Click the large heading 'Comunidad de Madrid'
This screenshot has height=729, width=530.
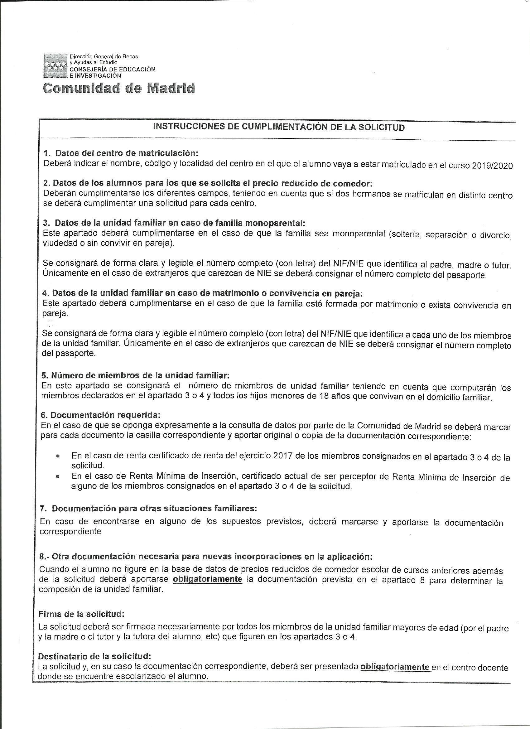click(x=119, y=88)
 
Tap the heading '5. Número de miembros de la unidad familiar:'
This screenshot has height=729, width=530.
click(x=135, y=375)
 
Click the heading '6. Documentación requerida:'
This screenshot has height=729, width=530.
click(x=100, y=415)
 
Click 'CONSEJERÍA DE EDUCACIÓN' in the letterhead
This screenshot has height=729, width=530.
click(x=113, y=69)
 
